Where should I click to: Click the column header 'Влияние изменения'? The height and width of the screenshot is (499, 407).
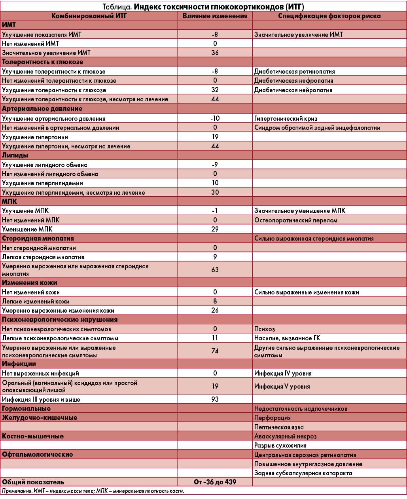pyautogui.click(x=215, y=16)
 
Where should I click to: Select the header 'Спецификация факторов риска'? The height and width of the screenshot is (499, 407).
pyautogui.click(x=329, y=16)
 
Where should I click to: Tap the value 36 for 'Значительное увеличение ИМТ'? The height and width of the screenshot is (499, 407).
pyautogui.click(x=215, y=53)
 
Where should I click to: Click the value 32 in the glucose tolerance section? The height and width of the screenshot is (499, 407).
pyautogui.click(x=215, y=90)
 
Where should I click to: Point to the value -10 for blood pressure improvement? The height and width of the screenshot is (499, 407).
pyautogui.click(x=215, y=118)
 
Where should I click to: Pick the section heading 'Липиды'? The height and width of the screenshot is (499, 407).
pyautogui.click(x=15, y=155)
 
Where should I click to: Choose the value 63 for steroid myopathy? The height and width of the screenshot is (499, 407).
pyautogui.click(x=215, y=270)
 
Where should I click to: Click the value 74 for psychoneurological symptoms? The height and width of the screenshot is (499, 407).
pyautogui.click(x=215, y=351)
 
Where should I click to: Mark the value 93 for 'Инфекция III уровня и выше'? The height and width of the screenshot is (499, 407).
pyautogui.click(x=215, y=399)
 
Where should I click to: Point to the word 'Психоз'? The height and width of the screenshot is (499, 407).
pyautogui.click(x=265, y=329)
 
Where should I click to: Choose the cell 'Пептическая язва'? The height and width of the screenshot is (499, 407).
pyautogui.click(x=279, y=427)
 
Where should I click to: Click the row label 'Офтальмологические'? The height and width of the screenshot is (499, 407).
pyautogui.click(x=37, y=454)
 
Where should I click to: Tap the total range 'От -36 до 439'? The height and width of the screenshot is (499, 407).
pyautogui.click(x=215, y=482)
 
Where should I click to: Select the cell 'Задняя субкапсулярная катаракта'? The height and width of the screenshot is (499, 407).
pyautogui.click(x=303, y=473)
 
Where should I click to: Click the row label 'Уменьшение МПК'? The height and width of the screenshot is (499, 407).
pyautogui.click(x=27, y=229)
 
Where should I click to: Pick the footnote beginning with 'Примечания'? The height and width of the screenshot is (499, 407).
pyautogui.click(x=93, y=491)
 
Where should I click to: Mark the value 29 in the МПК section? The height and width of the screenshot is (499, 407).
pyautogui.click(x=215, y=229)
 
